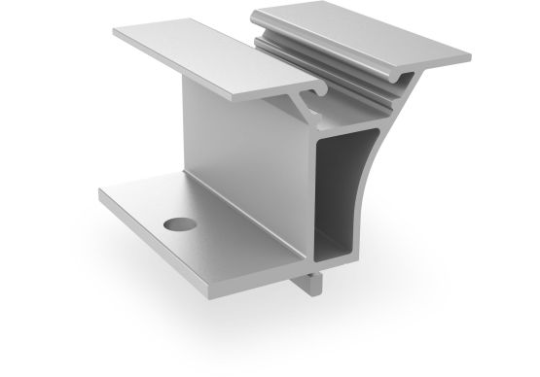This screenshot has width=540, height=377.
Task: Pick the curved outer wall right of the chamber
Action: coord(384,194)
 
